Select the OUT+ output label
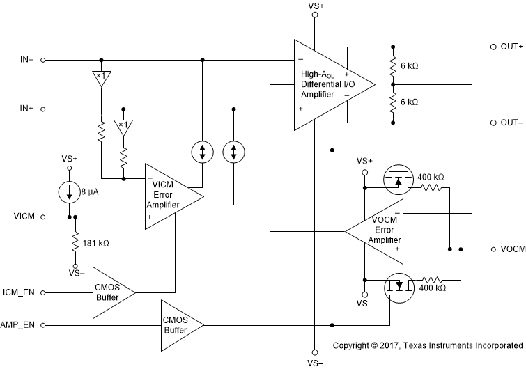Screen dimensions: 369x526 [x=511, y=47]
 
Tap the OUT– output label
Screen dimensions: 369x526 [x=511, y=123]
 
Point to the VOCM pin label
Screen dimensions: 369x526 [x=512, y=249]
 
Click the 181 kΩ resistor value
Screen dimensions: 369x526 [x=96, y=244]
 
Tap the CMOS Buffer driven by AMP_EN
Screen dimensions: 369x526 [x=177, y=324]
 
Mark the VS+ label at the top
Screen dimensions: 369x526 [x=315, y=6]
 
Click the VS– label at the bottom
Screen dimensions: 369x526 [x=315, y=363]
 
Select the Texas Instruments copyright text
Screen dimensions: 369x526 [x=427, y=345]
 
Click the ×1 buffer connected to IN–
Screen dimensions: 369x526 [x=101, y=77]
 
